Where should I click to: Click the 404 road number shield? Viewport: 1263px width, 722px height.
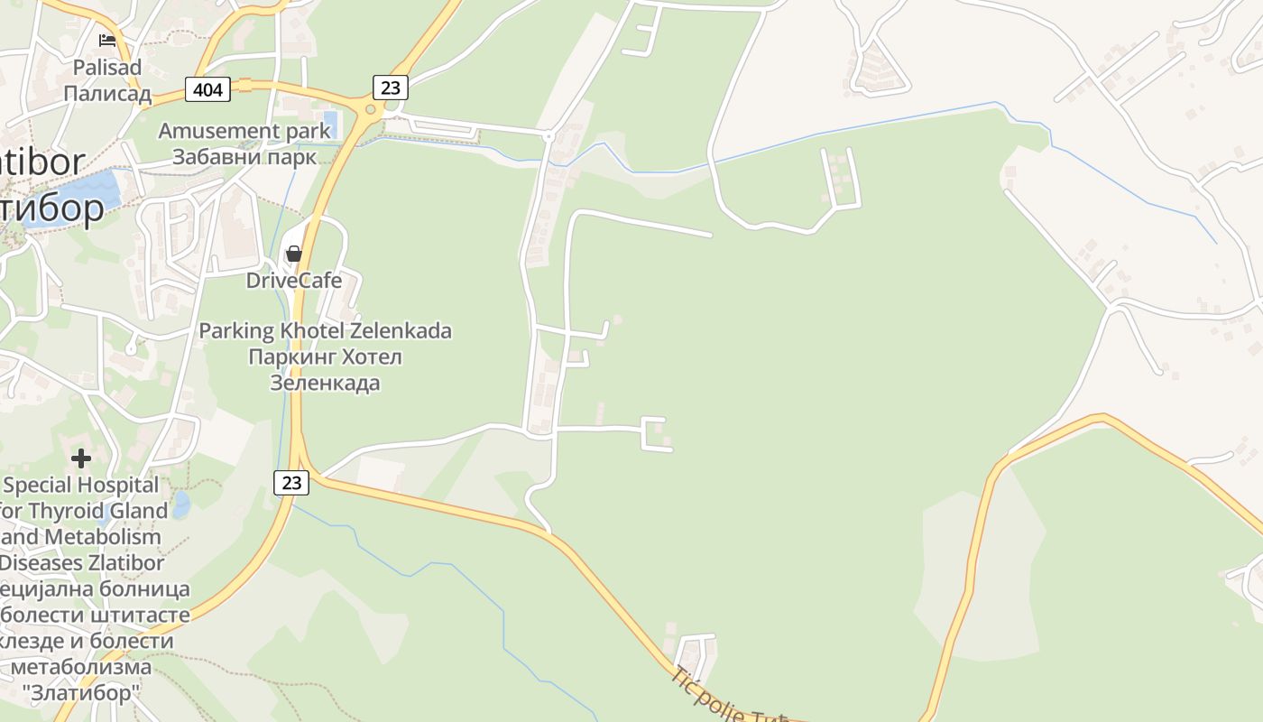(x=207, y=88)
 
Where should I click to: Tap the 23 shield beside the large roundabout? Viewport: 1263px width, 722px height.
(x=390, y=88)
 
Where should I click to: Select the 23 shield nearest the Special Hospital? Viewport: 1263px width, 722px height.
(x=291, y=483)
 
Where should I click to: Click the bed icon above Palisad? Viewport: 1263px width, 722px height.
(x=107, y=40)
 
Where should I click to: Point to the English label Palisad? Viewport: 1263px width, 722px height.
(x=107, y=68)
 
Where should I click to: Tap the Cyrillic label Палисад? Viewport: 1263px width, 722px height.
(x=107, y=94)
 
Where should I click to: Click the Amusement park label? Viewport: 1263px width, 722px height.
(x=244, y=131)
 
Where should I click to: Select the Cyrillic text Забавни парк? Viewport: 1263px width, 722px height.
(x=244, y=157)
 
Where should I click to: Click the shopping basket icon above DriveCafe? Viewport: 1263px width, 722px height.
(x=293, y=254)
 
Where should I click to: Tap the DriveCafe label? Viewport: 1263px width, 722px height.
(x=294, y=281)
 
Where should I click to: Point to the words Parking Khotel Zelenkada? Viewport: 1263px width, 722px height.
(x=325, y=331)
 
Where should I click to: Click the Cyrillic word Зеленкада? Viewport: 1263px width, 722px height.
(x=325, y=383)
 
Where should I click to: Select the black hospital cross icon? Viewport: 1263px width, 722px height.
(x=81, y=458)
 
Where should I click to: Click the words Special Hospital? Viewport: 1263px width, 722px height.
(x=81, y=486)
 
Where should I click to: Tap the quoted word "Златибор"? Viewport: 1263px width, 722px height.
(x=81, y=694)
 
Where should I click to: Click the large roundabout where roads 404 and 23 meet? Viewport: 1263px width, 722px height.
(x=369, y=110)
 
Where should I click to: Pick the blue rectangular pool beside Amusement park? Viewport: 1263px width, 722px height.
(x=330, y=123)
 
